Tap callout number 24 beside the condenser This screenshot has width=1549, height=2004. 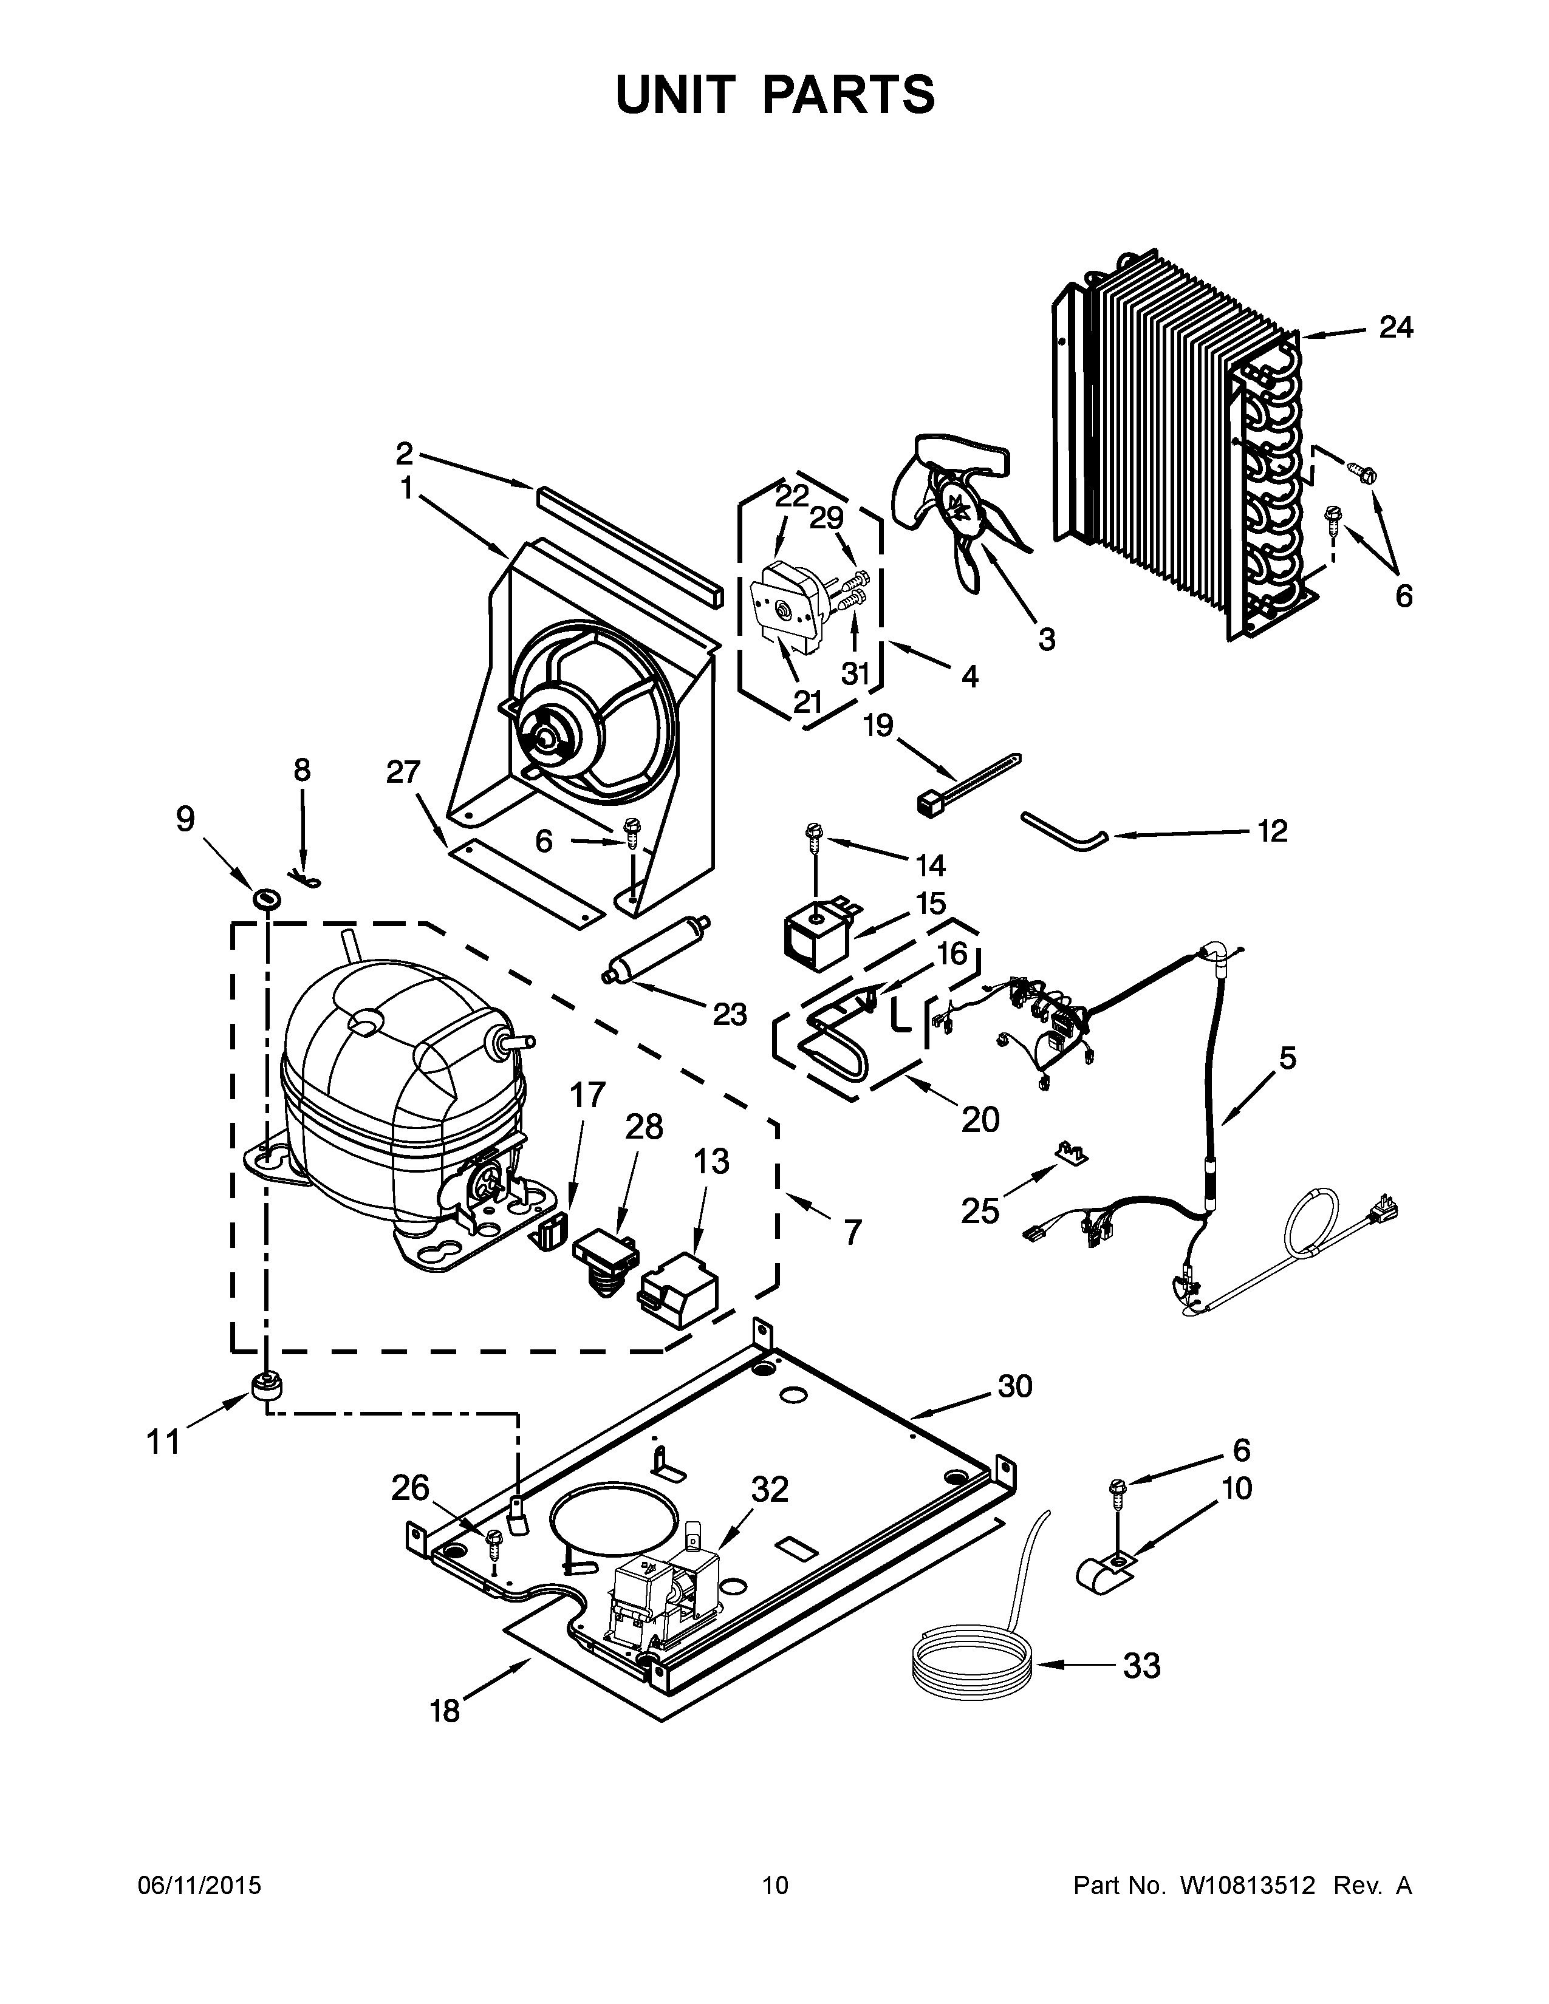(1396, 327)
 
